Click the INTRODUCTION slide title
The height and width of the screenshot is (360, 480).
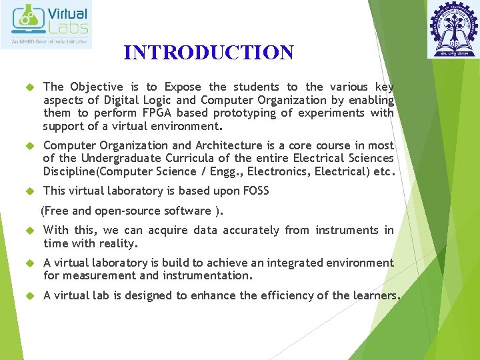(208, 53)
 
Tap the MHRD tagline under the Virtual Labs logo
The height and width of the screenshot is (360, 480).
(50, 42)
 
